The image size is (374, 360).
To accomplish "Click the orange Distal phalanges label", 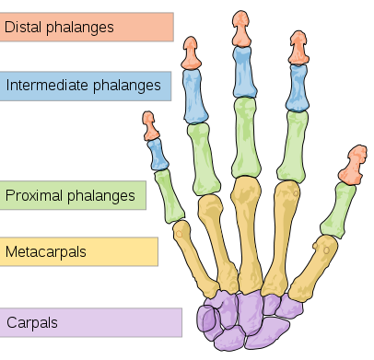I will point(87,27).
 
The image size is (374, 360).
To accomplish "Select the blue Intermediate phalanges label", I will point(87,87).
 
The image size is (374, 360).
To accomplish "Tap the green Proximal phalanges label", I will point(74,194).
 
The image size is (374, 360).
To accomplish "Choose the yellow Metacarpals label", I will point(79,250).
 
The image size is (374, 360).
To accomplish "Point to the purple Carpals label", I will point(91,322).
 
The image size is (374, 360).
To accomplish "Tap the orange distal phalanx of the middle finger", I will point(241,29).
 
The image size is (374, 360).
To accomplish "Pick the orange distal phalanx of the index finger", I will point(298,49).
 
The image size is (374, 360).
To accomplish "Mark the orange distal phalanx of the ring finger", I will point(191,53).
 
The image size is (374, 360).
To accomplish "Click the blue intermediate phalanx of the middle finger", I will point(243,73).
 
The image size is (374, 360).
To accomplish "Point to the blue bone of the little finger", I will point(157,153).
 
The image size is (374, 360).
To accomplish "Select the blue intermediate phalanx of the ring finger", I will point(196,97).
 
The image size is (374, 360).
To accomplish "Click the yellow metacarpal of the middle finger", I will point(246,230).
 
